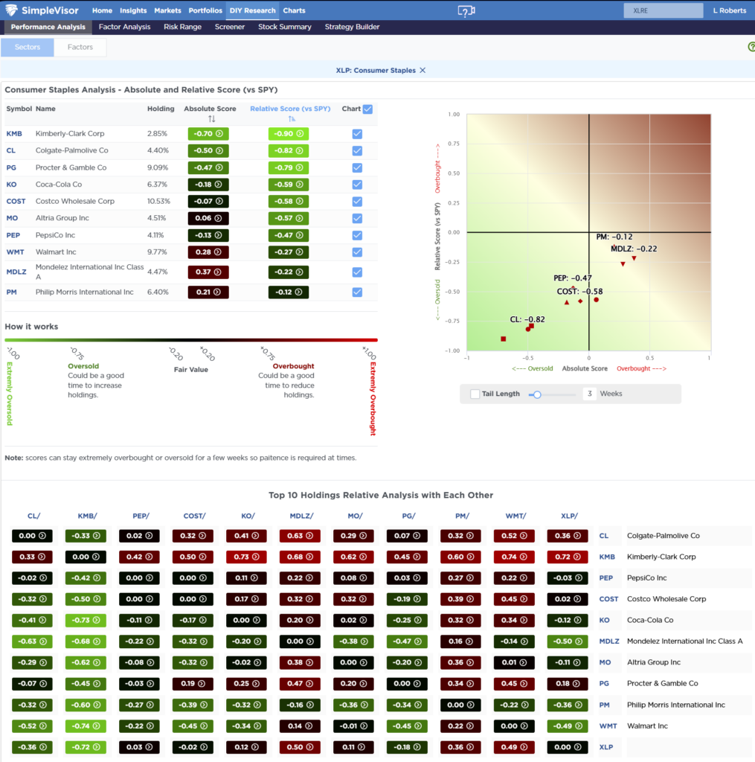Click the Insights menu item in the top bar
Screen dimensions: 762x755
(x=133, y=10)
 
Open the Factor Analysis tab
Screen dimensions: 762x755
(x=124, y=27)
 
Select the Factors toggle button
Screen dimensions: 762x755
(x=80, y=47)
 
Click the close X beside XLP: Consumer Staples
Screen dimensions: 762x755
(x=423, y=70)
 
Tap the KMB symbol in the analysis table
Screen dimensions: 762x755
(x=13, y=134)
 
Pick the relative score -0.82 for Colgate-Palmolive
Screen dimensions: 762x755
(x=288, y=150)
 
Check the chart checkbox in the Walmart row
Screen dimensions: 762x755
(x=357, y=252)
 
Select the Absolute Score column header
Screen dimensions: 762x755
(x=210, y=109)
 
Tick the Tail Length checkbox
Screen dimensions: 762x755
(x=475, y=394)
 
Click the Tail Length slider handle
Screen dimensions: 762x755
(x=537, y=394)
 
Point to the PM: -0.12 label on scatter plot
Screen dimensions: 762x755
(x=614, y=237)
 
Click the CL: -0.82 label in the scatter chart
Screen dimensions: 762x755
(x=527, y=319)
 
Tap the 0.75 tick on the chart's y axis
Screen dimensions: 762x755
(x=453, y=144)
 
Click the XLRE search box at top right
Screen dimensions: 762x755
(x=663, y=10)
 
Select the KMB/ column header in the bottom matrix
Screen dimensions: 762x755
(x=87, y=516)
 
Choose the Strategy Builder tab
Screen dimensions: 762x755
(x=352, y=27)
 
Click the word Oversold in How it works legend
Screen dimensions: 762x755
(x=83, y=366)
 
